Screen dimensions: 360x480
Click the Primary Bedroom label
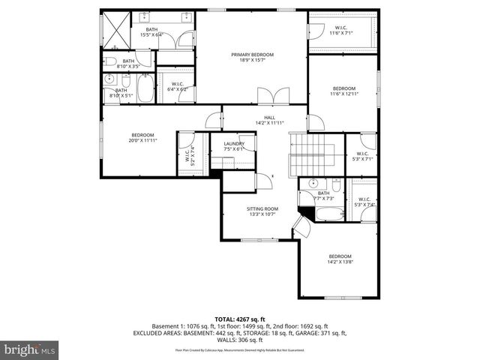coord(252,55)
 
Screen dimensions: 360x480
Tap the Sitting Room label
coord(262,208)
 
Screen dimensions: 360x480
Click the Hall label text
coord(269,117)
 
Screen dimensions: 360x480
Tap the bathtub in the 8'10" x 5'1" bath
coord(145,90)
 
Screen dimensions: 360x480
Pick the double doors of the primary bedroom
coord(271,96)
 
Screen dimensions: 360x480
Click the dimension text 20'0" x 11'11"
coord(142,140)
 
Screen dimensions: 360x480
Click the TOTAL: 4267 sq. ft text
coord(240,319)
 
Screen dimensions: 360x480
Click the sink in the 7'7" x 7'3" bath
coord(313,184)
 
